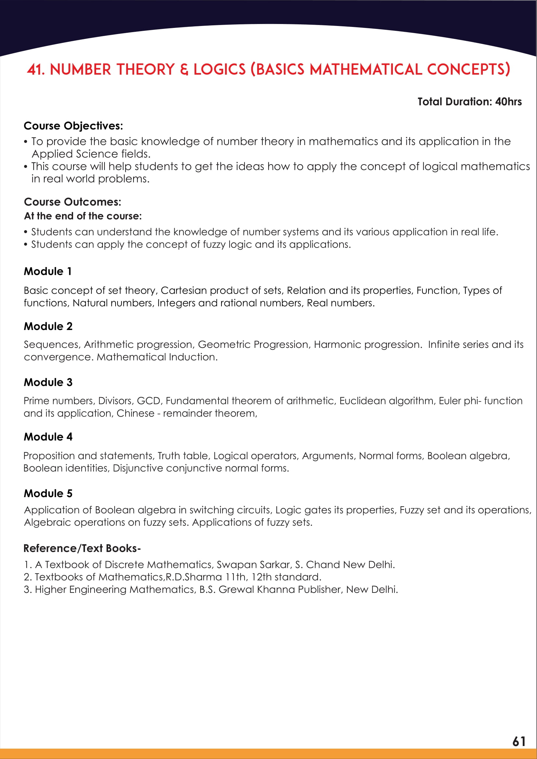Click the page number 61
(x=519, y=741)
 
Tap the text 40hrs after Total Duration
(x=508, y=102)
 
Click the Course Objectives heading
(x=73, y=126)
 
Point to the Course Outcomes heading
(x=72, y=202)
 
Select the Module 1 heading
(x=48, y=271)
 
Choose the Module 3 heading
(x=48, y=383)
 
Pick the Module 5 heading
(x=48, y=494)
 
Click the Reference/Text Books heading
(x=82, y=548)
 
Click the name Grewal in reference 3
(x=236, y=589)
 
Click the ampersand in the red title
(x=184, y=70)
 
